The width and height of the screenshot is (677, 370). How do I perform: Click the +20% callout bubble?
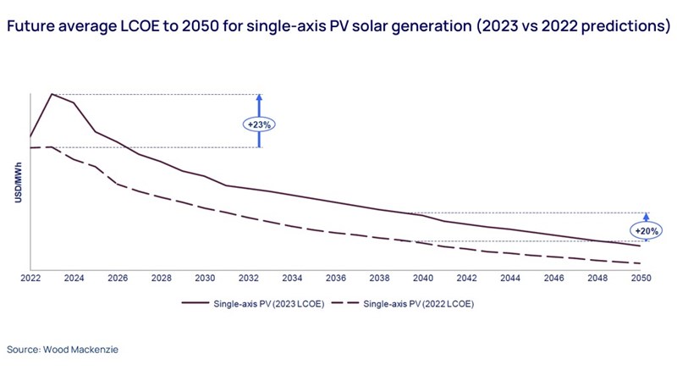click(x=646, y=230)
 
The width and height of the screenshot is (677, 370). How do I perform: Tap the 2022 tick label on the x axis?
click(x=30, y=278)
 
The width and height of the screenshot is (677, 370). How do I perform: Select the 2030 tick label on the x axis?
click(x=203, y=278)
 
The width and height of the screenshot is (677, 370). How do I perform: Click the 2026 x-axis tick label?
click(x=117, y=278)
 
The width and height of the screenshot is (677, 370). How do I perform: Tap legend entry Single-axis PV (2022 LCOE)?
click(x=415, y=303)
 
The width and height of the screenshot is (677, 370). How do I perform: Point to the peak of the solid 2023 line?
click(x=52, y=93)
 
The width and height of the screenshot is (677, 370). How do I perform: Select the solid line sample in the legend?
click(x=193, y=303)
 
